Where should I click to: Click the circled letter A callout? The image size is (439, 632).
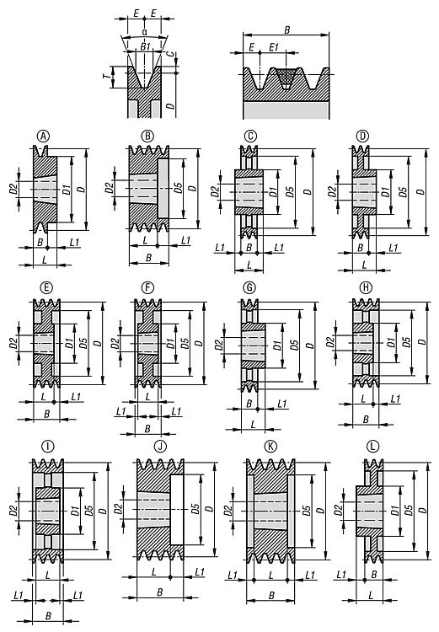click(x=44, y=137)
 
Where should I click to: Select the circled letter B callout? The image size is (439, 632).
click(x=147, y=137)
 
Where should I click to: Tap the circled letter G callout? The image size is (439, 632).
click(x=250, y=288)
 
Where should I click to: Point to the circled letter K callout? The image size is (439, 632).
click(x=270, y=446)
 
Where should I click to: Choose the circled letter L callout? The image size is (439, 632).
click(x=373, y=446)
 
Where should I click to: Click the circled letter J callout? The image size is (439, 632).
click(x=160, y=446)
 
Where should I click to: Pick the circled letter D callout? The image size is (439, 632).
click(x=363, y=137)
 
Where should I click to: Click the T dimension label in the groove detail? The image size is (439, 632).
click(x=105, y=77)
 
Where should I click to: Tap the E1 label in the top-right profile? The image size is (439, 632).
click(x=274, y=47)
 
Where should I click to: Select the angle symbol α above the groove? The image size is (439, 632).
click(x=144, y=31)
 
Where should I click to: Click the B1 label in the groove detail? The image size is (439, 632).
click(x=145, y=46)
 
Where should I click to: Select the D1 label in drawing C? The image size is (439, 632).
click(x=271, y=192)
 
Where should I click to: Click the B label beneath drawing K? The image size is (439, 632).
click(x=271, y=595)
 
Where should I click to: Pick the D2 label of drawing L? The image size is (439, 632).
click(x=339, y=510)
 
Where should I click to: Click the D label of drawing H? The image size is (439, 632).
click(x=421, y=342)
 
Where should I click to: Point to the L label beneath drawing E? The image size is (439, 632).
click(x=43, y=396)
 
